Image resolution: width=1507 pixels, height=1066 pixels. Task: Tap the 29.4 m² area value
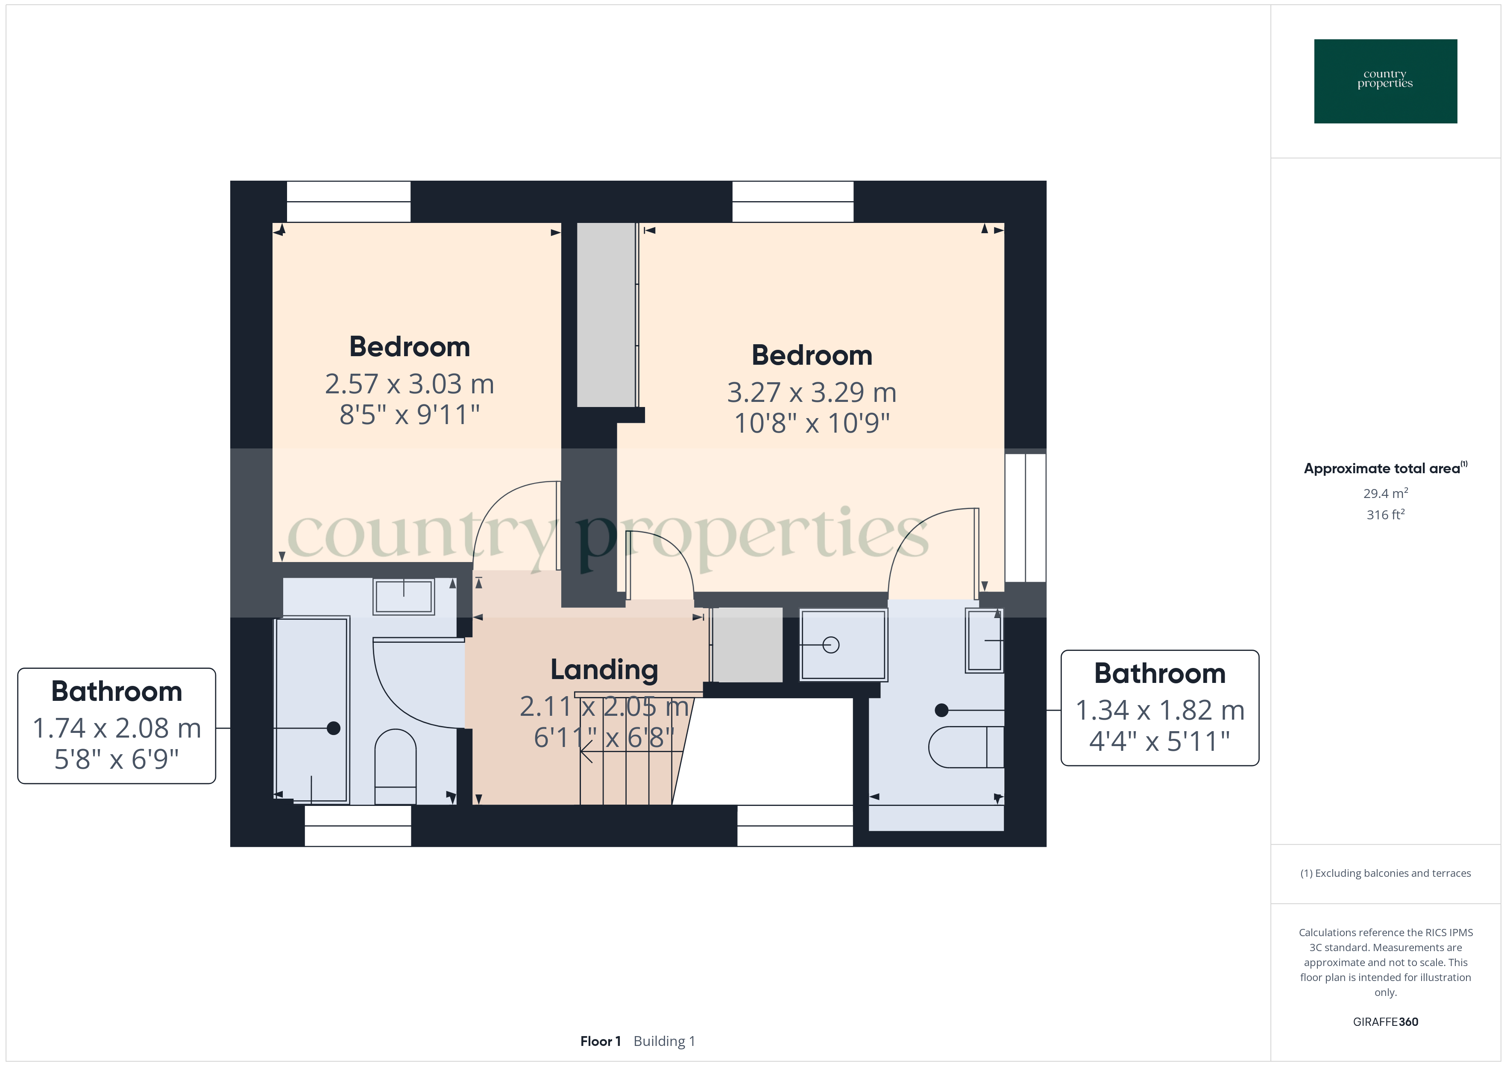click(1385, 493)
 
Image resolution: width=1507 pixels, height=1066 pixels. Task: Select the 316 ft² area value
click(1385, 515)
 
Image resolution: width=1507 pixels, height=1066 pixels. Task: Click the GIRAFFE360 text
click(1385, 1021)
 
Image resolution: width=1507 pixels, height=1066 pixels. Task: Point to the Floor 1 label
click(600, 1041)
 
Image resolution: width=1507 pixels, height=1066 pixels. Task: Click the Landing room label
click(604, 670)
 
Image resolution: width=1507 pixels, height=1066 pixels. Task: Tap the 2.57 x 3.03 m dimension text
click(410, 384)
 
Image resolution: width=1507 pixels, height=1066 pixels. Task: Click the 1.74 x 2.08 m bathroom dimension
click(117, 728)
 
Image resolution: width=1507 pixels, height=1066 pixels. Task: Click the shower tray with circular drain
click(844, 644)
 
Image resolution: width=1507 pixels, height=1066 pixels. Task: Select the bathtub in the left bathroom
click(311, 709)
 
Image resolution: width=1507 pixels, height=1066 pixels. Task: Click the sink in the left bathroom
click(404, 596)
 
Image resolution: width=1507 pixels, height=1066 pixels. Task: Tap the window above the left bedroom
click(349, 202)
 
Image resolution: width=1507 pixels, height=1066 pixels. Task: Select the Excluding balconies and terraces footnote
click(1385, 873)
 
